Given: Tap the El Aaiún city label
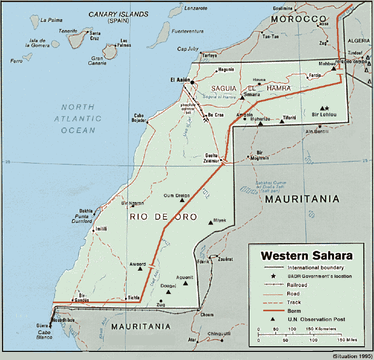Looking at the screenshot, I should click(x=180, y=79).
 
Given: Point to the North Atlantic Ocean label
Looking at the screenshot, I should click(x=78, y=118).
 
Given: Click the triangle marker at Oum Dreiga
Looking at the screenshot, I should click(x=182, y=201).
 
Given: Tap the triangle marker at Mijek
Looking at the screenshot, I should click(x=211, y=222).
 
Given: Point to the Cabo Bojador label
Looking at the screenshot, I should click(x=142, y=117).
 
